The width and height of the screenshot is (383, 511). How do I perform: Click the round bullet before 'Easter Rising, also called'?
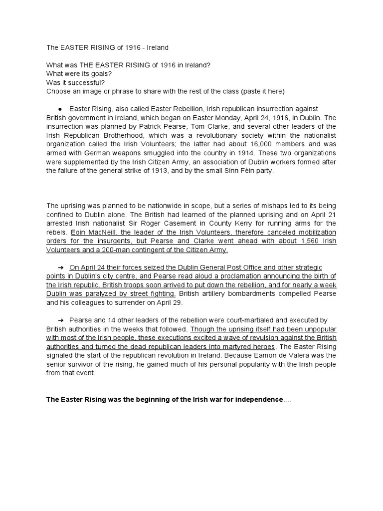59,109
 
